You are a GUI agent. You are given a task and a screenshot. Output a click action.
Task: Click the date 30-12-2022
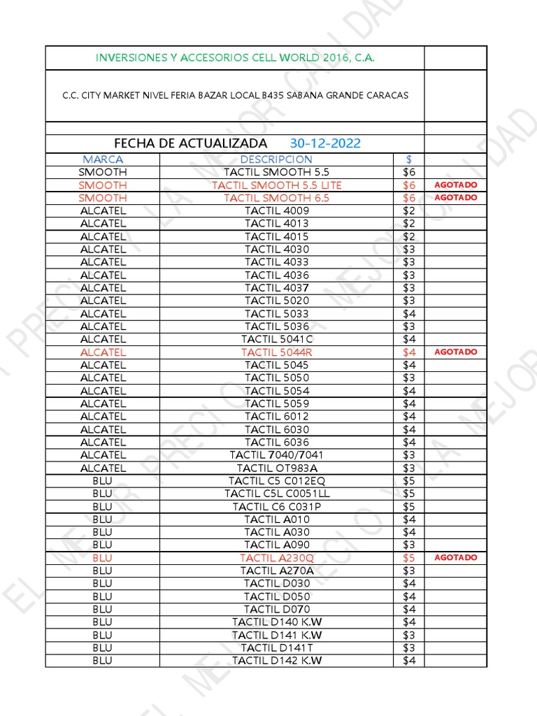[325, 143]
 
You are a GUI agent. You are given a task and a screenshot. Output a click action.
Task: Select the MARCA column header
[103, 159]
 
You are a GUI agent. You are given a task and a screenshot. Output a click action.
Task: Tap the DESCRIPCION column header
[276, 159]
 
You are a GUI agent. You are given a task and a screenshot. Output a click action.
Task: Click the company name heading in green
[235, 58]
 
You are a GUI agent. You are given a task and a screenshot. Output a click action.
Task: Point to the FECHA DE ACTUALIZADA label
[190, 143]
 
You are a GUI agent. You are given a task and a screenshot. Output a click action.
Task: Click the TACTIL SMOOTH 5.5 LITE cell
[277, 185]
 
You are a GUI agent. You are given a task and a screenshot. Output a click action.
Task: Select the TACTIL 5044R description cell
[277, 352]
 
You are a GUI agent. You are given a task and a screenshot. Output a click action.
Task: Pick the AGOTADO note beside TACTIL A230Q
[456, 558]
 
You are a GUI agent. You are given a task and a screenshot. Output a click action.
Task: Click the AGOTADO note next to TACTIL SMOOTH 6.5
[456, 198]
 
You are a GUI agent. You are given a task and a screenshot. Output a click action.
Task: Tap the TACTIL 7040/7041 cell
[277, 455]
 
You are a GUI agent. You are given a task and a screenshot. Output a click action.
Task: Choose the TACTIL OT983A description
[277, 468]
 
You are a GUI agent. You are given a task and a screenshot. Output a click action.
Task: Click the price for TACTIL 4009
[409, 211]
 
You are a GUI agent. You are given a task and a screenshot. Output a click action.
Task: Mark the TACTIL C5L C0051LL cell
[277, 494]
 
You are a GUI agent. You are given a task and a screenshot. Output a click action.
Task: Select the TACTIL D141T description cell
[277, 647]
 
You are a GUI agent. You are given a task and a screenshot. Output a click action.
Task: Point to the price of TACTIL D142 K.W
[409, 661]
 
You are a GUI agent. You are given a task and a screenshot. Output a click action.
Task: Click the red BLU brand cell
[102, 558]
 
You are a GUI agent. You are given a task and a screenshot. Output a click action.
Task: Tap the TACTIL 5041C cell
[277, 339]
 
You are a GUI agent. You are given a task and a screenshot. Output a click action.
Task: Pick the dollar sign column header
[409, 159]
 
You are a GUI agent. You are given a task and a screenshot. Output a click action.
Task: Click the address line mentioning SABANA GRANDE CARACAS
[235, 95]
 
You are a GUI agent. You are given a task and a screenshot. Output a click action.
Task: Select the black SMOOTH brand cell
[103, 172]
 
